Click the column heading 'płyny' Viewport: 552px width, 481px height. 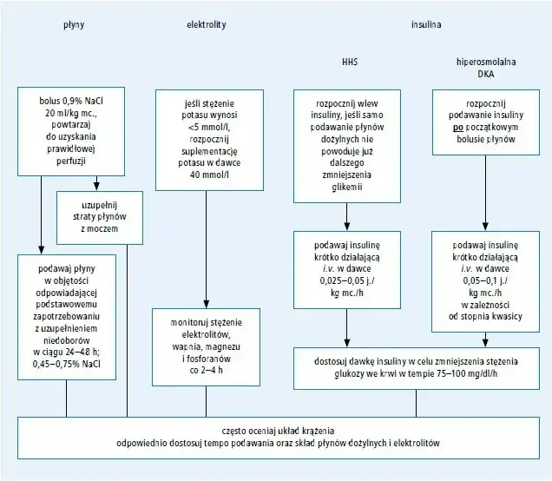coord(74,24)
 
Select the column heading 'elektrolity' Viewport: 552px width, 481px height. coord(207,24)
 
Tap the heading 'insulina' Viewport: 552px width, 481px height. coord(425,24)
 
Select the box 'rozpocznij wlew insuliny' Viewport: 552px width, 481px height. coord(347,143)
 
